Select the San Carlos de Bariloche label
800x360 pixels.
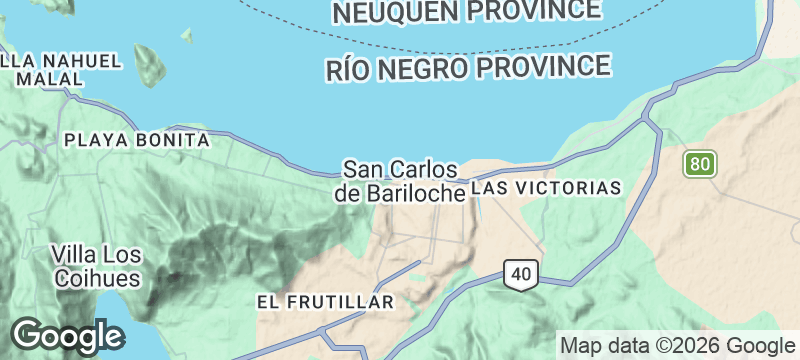point(400,181)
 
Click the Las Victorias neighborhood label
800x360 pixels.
point(546,188)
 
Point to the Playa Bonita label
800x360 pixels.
point(136,141)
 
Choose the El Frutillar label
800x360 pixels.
point(326,301)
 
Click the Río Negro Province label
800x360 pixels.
point(468,68)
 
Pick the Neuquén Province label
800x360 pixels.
point(468,11)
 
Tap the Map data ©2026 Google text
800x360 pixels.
point(675,346)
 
